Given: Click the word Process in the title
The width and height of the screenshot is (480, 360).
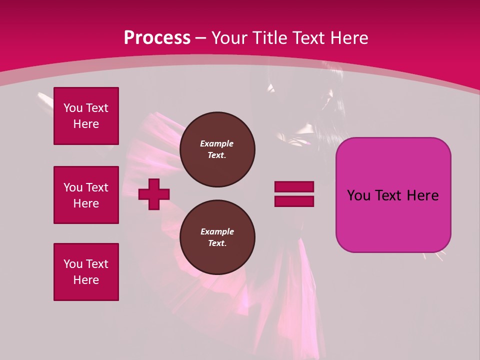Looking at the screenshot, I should coord(157,38).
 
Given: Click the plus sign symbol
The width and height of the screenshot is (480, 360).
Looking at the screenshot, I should coord(154,194).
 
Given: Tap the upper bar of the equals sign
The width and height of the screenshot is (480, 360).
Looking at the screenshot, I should coord(294,186).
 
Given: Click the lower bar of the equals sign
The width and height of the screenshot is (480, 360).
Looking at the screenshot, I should coord(294,201).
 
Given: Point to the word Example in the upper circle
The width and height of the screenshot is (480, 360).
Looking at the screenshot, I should coord(217,143).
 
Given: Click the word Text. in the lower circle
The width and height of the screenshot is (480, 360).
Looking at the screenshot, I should coord(217,243).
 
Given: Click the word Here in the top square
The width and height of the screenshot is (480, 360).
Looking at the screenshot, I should coord(86,124).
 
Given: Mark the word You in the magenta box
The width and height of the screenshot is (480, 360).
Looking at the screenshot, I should coord(358,195).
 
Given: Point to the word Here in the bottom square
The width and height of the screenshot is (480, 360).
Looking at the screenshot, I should coord(86,280).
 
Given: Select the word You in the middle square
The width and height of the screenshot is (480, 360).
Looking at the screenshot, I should coord(72,187).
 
